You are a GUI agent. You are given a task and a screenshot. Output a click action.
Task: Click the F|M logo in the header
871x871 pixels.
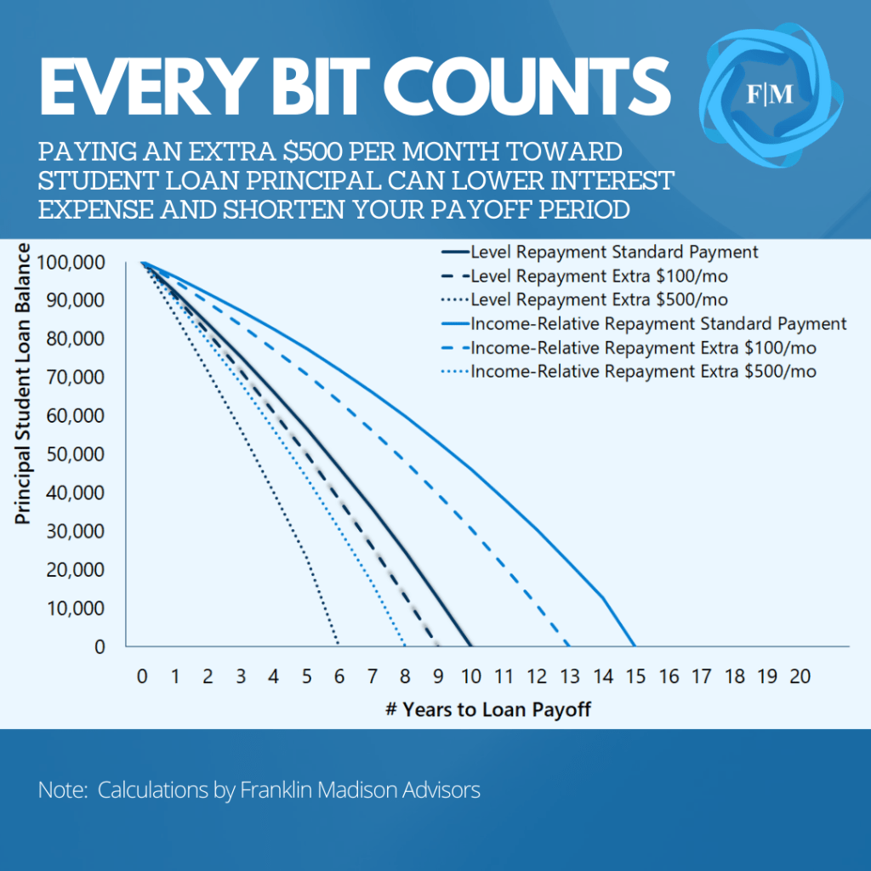[x=770, y=95]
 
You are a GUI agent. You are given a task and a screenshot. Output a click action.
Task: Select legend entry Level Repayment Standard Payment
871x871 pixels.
[x=613, y=252]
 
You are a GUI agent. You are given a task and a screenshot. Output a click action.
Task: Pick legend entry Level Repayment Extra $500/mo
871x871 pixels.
[x=599, y=299]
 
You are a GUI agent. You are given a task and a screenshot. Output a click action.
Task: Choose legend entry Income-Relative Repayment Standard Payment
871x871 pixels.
[x=658, y=323]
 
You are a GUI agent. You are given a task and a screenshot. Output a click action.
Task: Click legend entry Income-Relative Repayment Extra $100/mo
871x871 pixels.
[x=643, y=347]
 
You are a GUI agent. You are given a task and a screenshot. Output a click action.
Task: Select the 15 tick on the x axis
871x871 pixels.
[x=635, y=677]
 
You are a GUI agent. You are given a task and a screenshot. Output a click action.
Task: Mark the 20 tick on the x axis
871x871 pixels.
[x=800, y=677]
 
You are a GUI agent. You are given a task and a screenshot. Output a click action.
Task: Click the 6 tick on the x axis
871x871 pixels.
[x=339, y=677]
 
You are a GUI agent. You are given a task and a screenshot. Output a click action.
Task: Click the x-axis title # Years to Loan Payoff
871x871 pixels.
[x=487, y=709]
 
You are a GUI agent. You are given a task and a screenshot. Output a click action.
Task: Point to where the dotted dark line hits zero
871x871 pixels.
[x=339, y=646]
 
